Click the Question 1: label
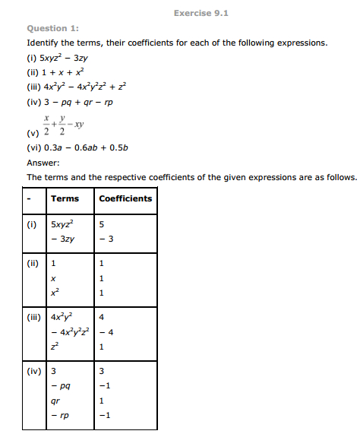pos(51,29)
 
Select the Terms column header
pos(65,198)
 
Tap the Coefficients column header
pos(125,198)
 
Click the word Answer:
pos(42,163)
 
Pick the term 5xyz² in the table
pos(63,224)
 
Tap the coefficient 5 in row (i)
pos(102,225)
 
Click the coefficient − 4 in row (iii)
pos(106,331)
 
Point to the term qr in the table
pos(55,400)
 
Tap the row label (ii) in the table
pos(34,263)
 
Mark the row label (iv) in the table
pos(35,371)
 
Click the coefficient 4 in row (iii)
pos(102,317)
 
